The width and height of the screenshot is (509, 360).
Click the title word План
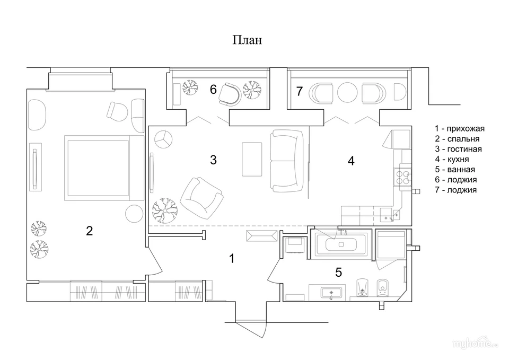tap(247, 40)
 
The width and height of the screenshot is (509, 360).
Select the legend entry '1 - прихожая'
tap(460, 128)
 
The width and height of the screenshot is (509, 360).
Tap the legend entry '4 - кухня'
tap(452, 159)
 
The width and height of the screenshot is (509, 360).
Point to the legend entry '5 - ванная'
tap(455, 170)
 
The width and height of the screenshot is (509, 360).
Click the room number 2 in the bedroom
tap(89, 231)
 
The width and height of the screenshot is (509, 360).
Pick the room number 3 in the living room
tap(213, 160)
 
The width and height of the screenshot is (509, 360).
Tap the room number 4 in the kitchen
tap(351, 161)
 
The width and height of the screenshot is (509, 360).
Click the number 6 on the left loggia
tap(213, 89)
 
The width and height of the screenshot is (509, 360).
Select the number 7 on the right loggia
tap(299, 92)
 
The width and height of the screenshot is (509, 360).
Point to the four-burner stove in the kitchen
tap(402, 177)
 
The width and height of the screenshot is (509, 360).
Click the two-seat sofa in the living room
tap(287, 161)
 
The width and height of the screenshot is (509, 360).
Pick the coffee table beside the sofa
tap(252, 159)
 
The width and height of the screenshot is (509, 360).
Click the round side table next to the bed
tap(134, 214)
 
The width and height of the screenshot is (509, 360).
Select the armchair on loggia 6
tap(230, 94)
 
